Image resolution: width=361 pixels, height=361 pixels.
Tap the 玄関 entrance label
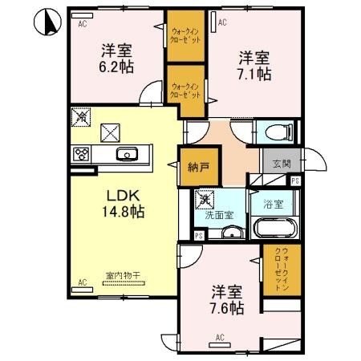tap(281, 164)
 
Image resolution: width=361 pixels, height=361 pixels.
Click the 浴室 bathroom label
tap(272, 204)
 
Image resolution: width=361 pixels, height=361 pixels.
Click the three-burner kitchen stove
tap(80, 154)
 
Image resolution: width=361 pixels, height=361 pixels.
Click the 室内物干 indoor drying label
tap(123, 276)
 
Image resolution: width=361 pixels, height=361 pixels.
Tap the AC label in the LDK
tap(82, 282)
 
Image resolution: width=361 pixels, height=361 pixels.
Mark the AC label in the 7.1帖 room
tap(221, 24)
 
